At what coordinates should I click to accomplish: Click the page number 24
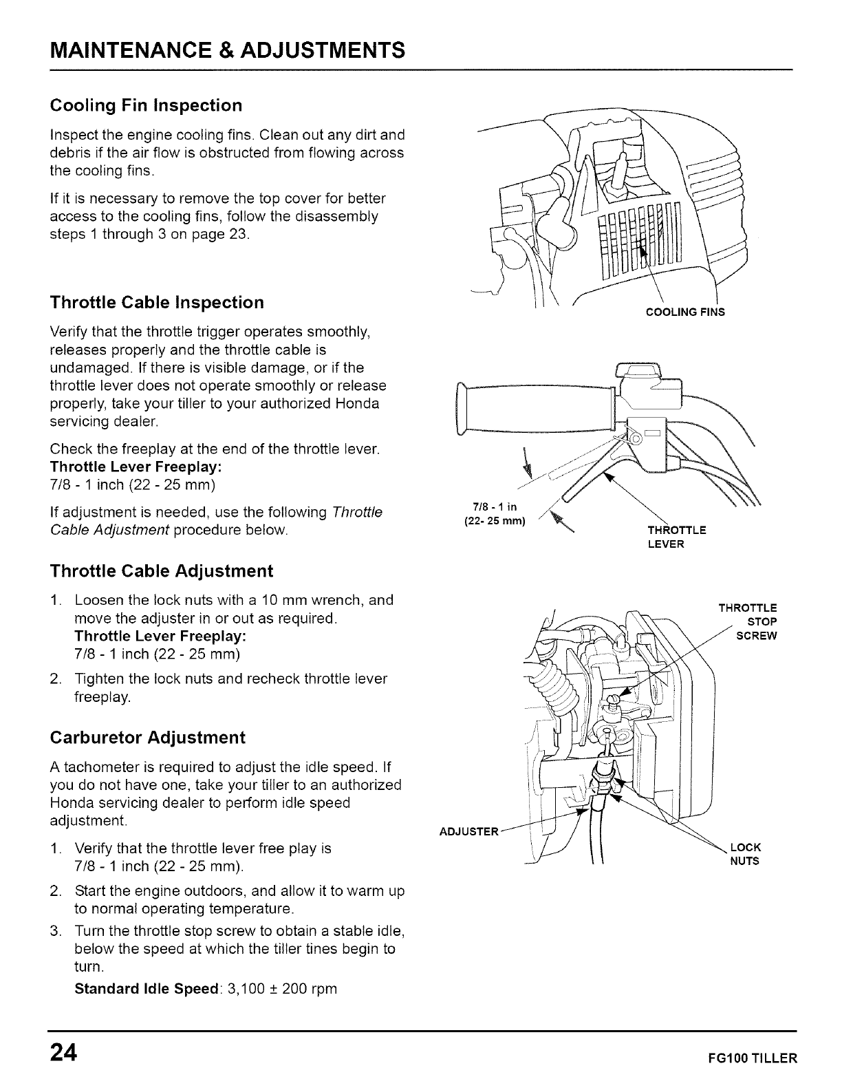point(63,1053)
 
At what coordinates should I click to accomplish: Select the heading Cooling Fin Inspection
point(147,105)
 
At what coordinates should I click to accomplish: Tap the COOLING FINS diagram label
point(685,312)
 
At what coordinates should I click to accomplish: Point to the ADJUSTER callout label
point(468,831)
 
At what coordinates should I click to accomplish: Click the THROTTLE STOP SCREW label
point(748,621)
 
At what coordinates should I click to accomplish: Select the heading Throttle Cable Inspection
point(158,303)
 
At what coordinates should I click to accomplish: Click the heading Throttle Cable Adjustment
point(162,571)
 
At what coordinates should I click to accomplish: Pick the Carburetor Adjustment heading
point(148,738)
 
